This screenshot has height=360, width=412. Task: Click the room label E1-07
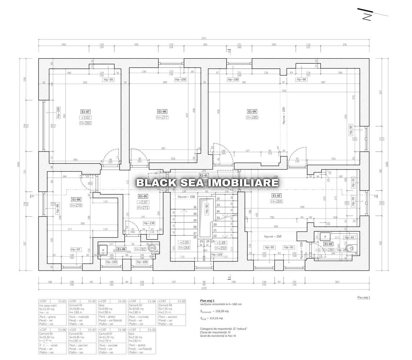pyautogui.click(x=86, y=112)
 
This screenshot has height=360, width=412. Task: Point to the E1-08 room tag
pyautogui.click(x=76, y=199)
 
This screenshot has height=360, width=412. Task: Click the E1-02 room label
pyautogui.click(x=277, y=195)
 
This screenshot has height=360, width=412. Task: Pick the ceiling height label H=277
pyautogui.click(x=162, y=117)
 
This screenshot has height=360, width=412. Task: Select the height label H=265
pyautogui.click(x=277, y=202)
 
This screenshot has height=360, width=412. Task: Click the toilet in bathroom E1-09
pyautogui.click(x=153, y=248)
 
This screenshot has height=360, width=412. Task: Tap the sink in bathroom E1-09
pyautogui.click(x=103, y=249)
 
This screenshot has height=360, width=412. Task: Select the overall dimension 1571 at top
pyautogui.click(x=203, y=39)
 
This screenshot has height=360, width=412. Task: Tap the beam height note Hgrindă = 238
pyautogui.click(x=187, y=197)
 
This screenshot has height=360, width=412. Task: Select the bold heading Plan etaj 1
pyautogui.click(x=207, y=300)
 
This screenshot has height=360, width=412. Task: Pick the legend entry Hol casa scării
pyautogui.click(x=48, y=305)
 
